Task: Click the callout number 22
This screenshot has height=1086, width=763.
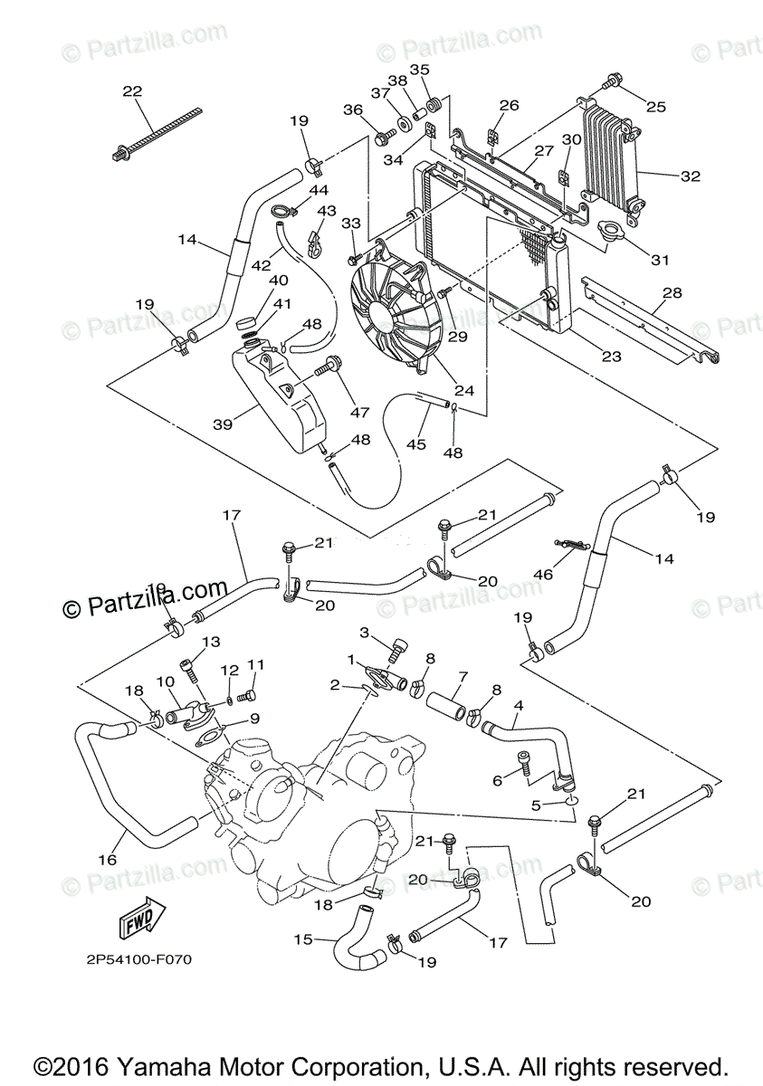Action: [x=132, y=90]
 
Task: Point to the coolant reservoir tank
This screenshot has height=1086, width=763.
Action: [x=280, y=397]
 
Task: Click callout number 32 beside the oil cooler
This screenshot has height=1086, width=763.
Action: [x=691, y=176]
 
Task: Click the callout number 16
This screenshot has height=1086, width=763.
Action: [x=108, y=859]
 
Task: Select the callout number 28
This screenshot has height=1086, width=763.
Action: [x=672, y=293]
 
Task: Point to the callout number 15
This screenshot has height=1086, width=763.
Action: [x=303, y=939]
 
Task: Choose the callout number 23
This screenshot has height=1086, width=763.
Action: [x=612, y=357]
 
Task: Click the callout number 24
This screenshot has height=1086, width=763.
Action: [x=464, y=391]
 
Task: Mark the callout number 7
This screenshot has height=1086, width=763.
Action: [x=463, y=676]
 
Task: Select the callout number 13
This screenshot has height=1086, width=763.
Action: [x=210, y=642]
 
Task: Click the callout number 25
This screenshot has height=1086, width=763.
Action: [x=655, y=107]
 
